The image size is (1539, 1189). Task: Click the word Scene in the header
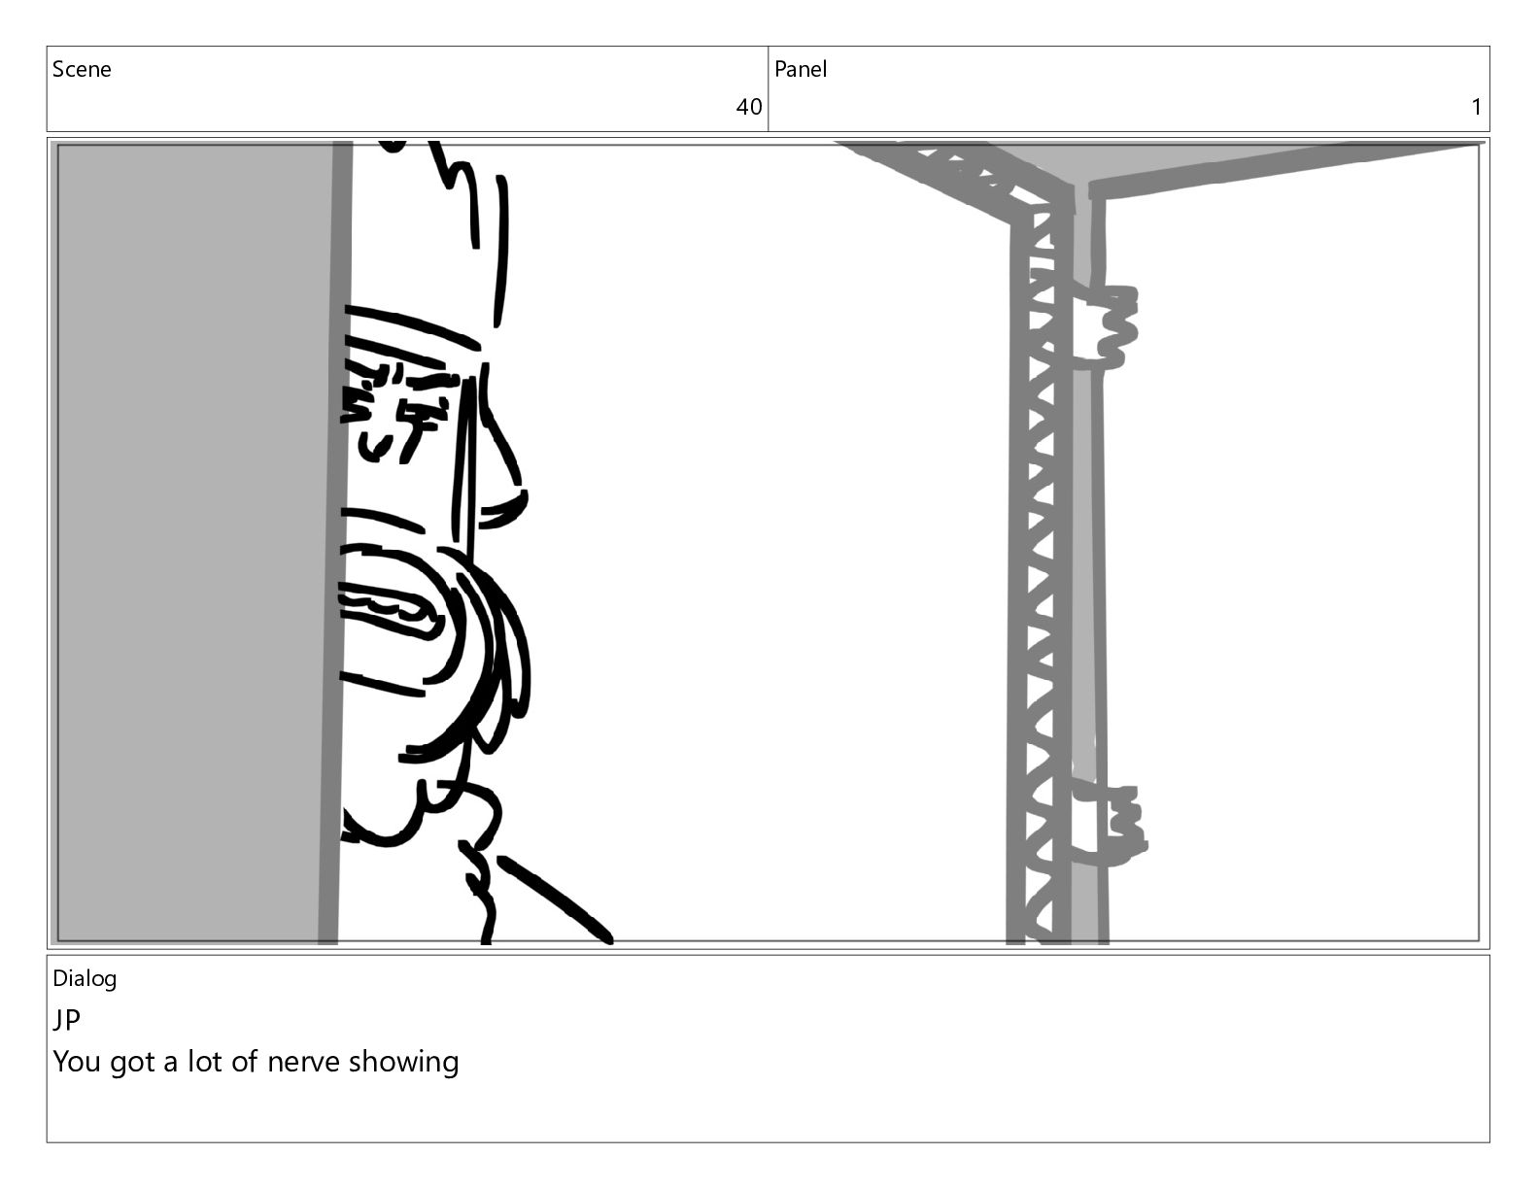(82, 69)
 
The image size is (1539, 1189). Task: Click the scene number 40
(748, 107)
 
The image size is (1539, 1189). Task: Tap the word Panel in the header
(801, 69)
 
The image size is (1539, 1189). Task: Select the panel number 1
(1477, 107)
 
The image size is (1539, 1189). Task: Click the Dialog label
(85, 979)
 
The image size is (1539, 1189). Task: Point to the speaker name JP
(67, 1020)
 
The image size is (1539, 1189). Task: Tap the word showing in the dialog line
(403, 1063)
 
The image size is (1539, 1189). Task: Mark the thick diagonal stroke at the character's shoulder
(556, 900)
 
